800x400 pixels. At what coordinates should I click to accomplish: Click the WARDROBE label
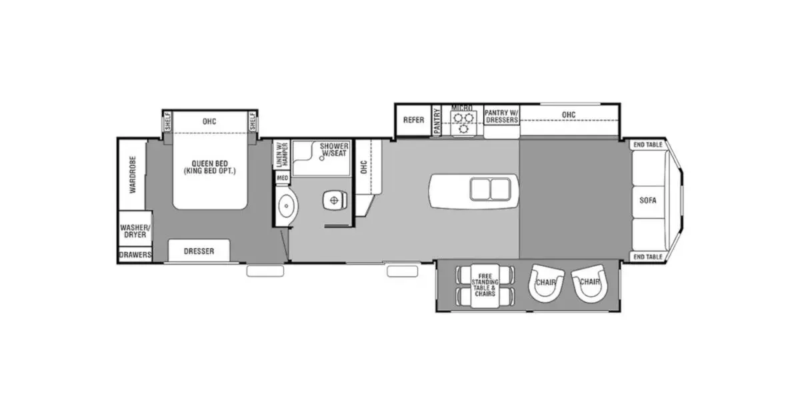click(x=133, y=175)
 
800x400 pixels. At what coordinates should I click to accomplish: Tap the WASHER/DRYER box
click(x=135, y=231)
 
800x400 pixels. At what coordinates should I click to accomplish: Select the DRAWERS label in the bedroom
click(x=135, y=255)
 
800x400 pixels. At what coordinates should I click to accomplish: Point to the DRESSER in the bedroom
click(x=199, y=251)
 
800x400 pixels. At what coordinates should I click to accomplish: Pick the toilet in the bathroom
click(x=334, y=199)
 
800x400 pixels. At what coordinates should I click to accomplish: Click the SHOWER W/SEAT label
click(x=334, y=150)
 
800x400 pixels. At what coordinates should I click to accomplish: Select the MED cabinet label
click(x=283, y=178)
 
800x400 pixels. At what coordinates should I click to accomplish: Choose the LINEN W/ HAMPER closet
click(x=280, y=154)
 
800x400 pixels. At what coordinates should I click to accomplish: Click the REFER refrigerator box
click(x=413, y=120)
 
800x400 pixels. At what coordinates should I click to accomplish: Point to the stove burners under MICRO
click(x=463, y=119)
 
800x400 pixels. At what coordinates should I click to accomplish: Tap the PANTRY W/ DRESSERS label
click(x=502, y=116)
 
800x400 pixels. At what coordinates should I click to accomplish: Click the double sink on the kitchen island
click(x=490, y=189)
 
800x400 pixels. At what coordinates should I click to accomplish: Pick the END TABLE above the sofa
click(x=647, y=144)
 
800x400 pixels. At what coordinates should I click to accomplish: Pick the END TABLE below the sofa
click(x=647, y=257)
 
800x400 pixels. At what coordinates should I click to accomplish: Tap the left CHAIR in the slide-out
click(x=546, y=283)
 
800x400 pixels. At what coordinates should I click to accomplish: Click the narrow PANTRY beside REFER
click(x=438, y=121)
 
